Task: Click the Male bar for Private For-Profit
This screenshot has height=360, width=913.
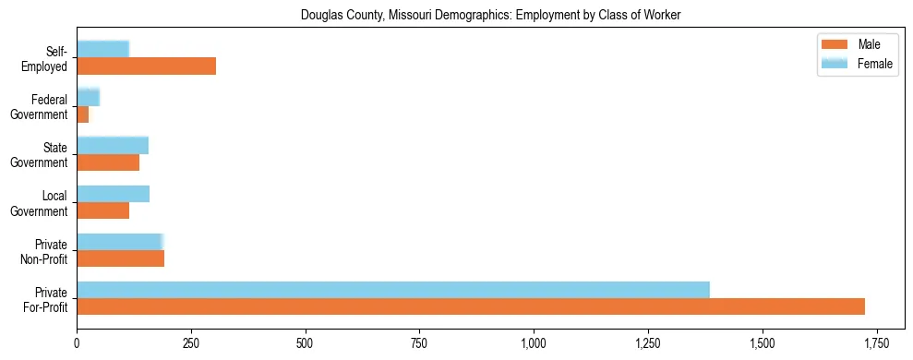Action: (x=471, y=306)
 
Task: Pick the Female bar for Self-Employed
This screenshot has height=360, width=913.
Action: (x=102, y=49)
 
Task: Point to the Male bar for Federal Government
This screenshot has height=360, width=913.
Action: (x=83, y=114)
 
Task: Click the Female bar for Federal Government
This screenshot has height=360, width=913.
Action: (x=88, y=97)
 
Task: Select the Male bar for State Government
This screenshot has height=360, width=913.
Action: (x=108, y=162)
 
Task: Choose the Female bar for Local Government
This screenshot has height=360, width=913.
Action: (x=113, y=194)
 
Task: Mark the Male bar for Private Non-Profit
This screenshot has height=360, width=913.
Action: (x=120, y=258)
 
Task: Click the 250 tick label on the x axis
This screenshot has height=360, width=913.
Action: (x=191, y=342)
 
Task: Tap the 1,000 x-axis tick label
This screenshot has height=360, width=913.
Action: (x=534, y=342)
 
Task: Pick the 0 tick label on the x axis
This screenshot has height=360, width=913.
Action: (x=77, y=342)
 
